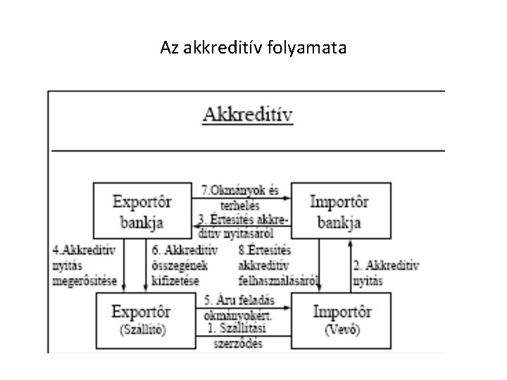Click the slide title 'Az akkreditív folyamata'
pyautogui.click(x=253, y=48)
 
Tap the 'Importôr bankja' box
pyautogui.click(x=340, y=211)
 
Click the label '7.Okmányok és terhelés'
pyautogui.click(x=241, y=198)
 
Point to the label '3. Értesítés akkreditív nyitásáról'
pyautogui.click(x=244, y=224)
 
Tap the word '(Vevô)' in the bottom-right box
pyautogui.click(x=340, y=329)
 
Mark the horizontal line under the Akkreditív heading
pyautogui.click(x=246, y=151)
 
